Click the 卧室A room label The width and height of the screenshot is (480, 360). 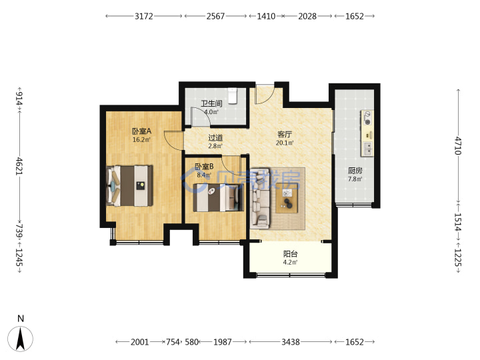(142, 131)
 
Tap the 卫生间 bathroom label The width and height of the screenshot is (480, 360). (211, 103)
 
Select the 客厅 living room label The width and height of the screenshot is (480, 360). (285, 135)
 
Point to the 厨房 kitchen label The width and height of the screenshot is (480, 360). (355, 171)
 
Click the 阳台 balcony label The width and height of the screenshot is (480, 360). (290, 254)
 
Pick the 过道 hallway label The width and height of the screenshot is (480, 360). (215, 138)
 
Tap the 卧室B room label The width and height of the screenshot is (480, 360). (204, 167)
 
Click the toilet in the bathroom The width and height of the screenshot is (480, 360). (233, 96)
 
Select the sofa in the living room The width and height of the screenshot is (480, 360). (260, 198)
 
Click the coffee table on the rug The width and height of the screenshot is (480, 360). (287, 198)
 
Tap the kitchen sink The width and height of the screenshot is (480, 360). (367, 149)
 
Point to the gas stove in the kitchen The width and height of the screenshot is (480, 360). (367, 118)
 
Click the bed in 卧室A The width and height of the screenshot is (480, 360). (129, 186)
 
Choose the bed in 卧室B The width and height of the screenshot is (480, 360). (218, 197)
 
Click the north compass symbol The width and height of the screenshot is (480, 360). (20, 338)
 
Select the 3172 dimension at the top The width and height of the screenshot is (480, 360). (144, 16)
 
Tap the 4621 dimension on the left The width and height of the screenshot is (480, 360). (19, 166)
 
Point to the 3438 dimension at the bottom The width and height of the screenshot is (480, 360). (291, 341)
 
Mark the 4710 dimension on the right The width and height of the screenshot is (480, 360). (457, 145)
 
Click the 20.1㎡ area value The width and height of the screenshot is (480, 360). (285, 143)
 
